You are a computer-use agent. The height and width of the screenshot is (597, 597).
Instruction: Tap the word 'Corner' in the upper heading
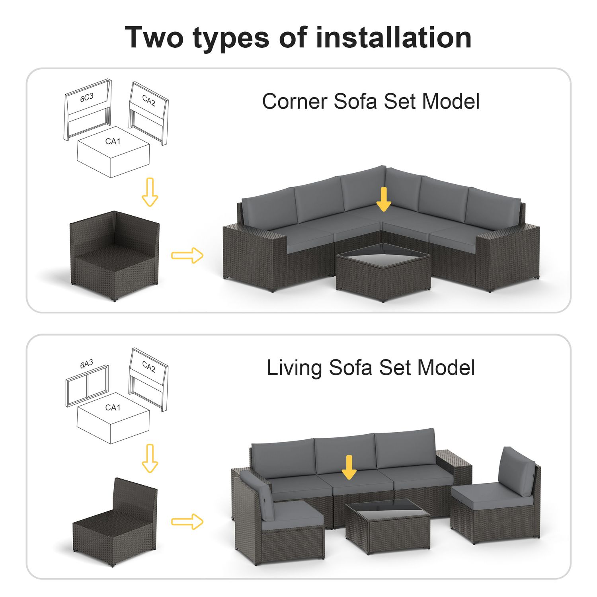[295, 101]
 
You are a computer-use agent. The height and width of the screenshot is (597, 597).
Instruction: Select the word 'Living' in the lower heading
[294, 368]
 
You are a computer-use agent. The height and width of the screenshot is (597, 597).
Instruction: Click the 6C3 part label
[87, 98]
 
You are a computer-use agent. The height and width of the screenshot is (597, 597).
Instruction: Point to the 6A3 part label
[86, 364]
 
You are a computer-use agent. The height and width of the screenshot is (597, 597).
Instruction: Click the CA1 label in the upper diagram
[113, 141]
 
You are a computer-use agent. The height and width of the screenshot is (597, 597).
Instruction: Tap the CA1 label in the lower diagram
[113, 408]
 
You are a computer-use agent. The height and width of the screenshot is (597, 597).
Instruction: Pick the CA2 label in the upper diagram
[149, 100]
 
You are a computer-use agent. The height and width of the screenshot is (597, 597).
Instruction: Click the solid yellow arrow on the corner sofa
[384, 199]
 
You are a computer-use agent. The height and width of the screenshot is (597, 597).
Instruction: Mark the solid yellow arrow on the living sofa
[349, 467]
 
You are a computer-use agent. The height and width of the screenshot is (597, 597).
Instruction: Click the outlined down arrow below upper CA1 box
[150, 192]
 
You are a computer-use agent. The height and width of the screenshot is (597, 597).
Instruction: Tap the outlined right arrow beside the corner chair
[187, 255]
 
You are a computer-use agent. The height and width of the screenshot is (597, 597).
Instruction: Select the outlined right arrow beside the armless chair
[187, 521]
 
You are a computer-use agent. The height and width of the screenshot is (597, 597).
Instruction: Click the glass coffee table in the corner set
[383, 272]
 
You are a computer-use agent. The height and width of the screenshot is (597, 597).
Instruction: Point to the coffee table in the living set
[388, 526]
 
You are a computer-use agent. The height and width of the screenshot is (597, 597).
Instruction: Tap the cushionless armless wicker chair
[115, 522]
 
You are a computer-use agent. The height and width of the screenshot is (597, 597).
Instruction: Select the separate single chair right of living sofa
[496, 496]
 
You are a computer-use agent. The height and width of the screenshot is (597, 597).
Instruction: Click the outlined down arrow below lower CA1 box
[150, 458]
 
